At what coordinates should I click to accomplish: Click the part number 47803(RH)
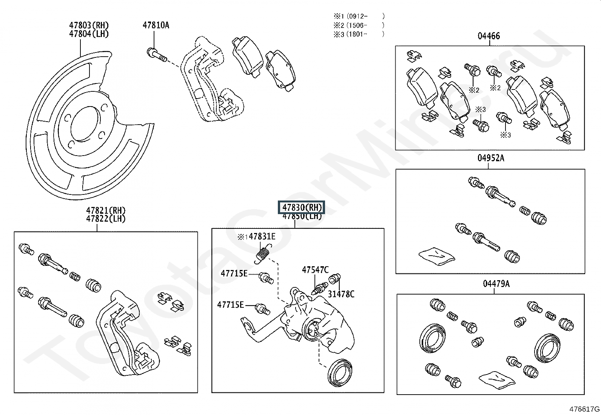click(x=89, y=25)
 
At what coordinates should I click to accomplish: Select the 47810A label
click(x=156, y=25)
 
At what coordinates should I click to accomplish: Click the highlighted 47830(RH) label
click(x=302, y=207)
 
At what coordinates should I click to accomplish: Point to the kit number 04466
click(x=489, y=36)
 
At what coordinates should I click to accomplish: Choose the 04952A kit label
click(x=490, y=158)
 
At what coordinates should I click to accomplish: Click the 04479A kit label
click(x=496, y=284)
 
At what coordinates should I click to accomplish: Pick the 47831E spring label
click(x=262, y=237)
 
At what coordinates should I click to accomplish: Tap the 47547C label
click(x=315, y=270)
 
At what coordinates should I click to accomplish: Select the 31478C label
click(x=341, y=294)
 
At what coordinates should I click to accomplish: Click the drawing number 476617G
click(x=584, y=409)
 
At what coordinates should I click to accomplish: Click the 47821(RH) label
click(x=106, y=210)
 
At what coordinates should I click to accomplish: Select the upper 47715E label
click(x=234, y=273)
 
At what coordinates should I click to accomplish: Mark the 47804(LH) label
click(x=89, y=34)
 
